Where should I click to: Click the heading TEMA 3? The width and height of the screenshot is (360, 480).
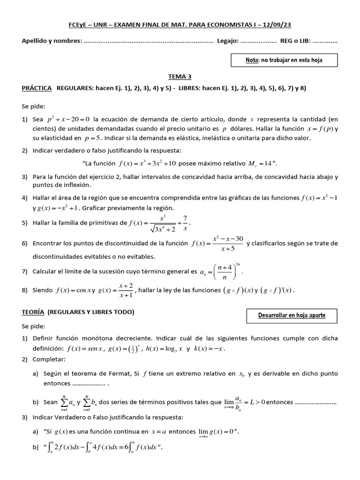click(x=180, y=76)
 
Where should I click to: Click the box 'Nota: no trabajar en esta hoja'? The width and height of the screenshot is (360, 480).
click(x=284, y=60)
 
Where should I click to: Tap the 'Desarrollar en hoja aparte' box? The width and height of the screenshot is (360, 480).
click(x=292, y=315)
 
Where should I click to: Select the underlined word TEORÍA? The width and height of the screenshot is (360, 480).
click(x=33, y=312)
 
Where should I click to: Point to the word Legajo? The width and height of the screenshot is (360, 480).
click(x=227, y=41)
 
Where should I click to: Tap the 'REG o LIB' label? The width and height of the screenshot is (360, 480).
click(x=295, y=41)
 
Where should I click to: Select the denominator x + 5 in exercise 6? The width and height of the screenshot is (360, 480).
click(x=228, y=249)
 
